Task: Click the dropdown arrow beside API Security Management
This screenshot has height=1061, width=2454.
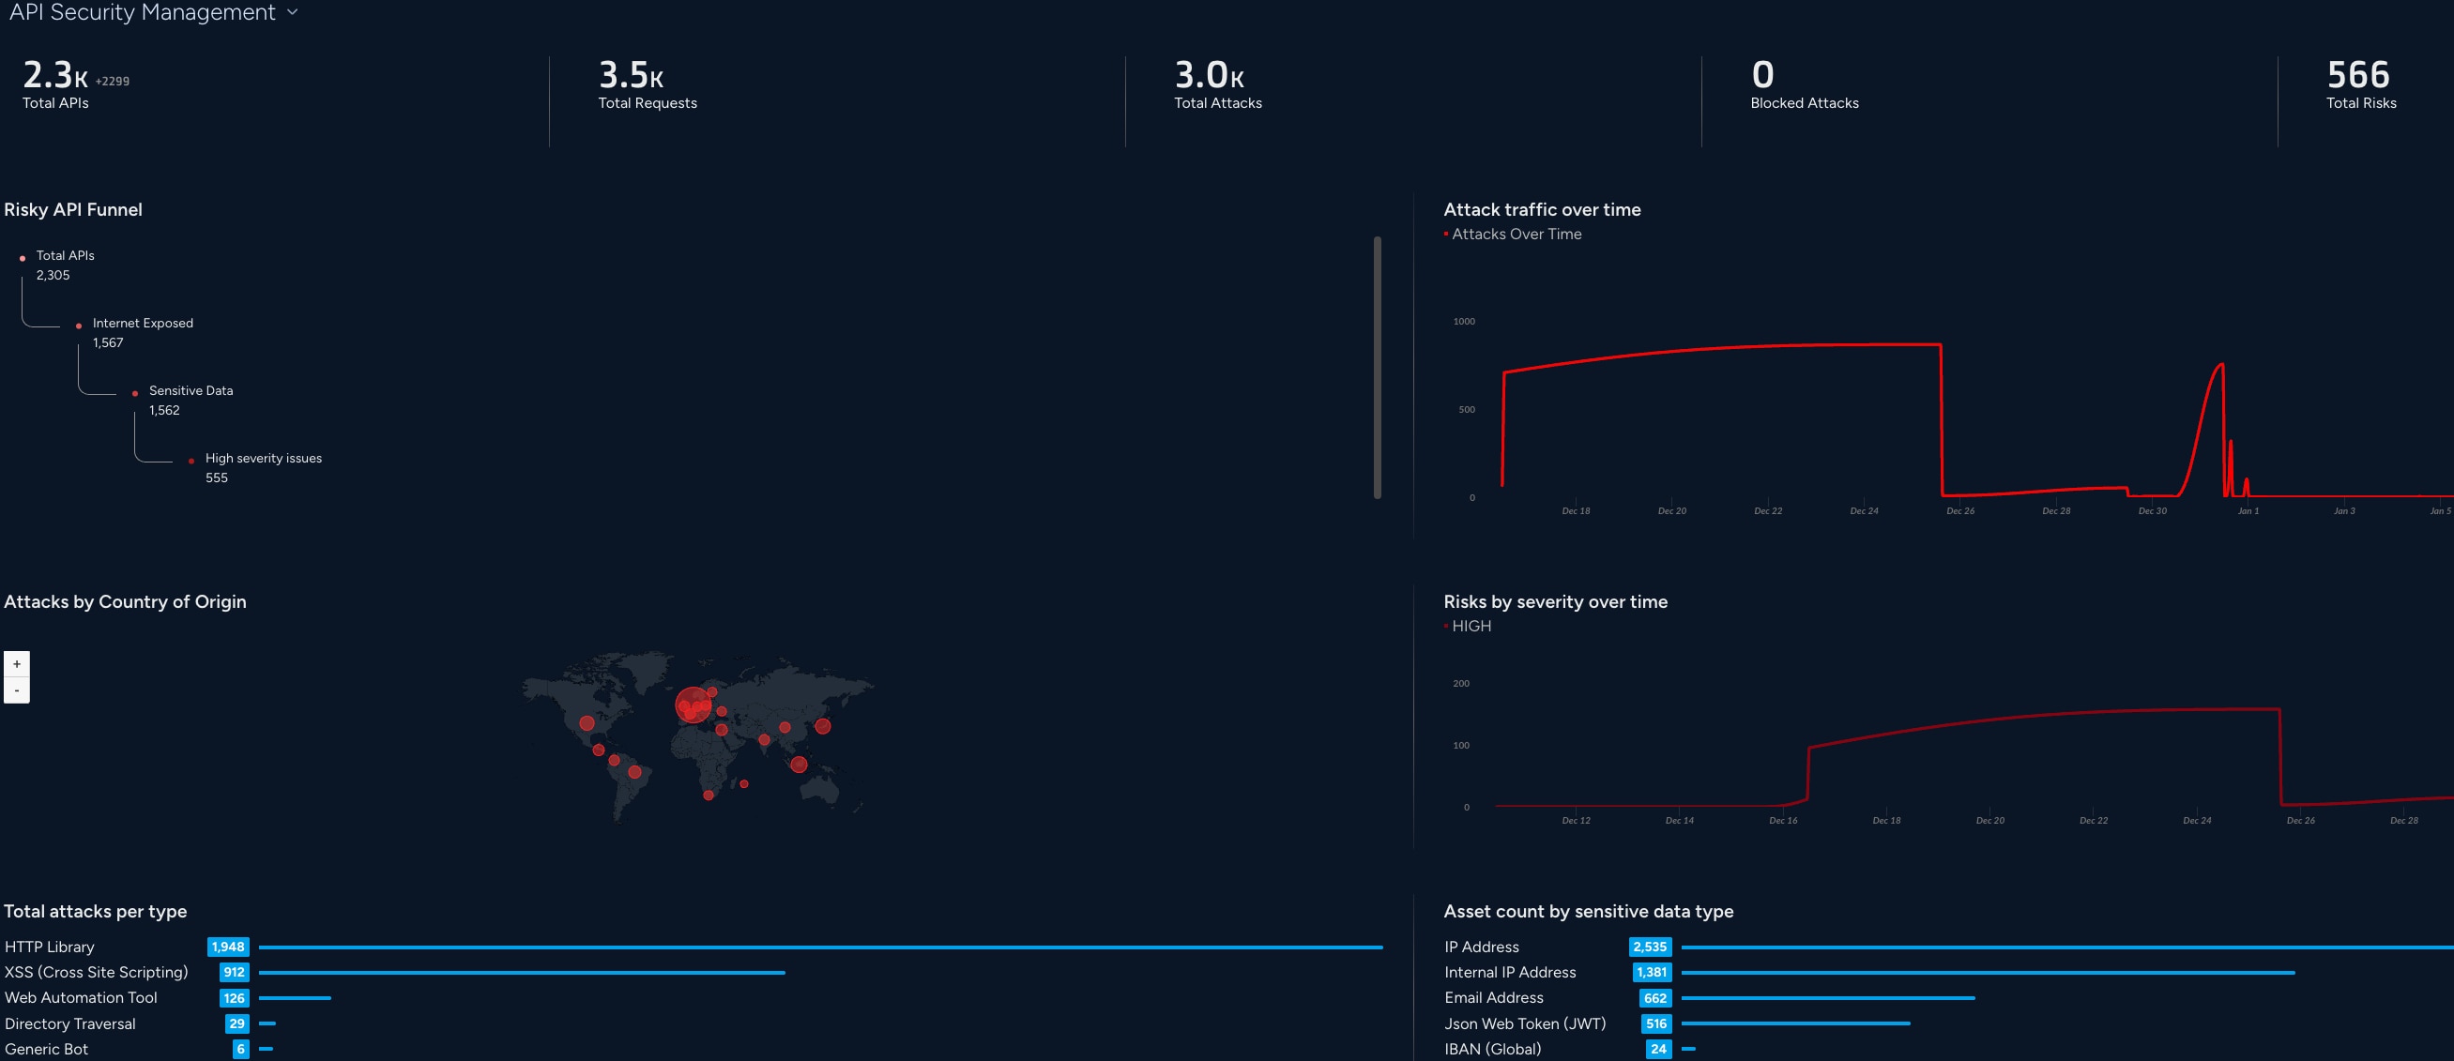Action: pos(293,12)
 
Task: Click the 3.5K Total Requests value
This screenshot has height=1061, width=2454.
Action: pos(630,75)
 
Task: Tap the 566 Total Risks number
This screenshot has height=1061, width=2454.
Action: pos(2357,75)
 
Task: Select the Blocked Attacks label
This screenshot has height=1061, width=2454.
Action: pos(1804,103)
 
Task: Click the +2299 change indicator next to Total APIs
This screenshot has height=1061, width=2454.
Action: pos(113,82)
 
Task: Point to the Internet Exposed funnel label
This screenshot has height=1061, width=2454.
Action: pos(143,323)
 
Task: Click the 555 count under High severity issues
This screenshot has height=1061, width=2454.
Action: pos(216,478)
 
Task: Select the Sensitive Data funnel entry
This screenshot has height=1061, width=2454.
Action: pos(191,390)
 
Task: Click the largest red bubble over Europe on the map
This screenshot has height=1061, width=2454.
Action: pos(693,705)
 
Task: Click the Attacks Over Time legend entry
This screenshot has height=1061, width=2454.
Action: pos(1516,235)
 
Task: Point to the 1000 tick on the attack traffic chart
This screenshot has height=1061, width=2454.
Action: pos(1463,322)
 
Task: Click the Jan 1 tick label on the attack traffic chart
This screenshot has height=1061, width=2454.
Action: pos(2248,511)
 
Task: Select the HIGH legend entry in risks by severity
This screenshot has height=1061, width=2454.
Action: pos(1471,627)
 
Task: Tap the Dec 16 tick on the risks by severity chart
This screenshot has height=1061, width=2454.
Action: pos(1782,821)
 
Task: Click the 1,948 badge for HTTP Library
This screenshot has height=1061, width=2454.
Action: pos(228,947)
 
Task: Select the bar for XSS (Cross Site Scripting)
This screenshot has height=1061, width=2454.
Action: pos(521,973)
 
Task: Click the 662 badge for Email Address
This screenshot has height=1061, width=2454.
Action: pos(1654,998)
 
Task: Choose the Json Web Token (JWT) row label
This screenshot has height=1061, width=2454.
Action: pos(1524,1023)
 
